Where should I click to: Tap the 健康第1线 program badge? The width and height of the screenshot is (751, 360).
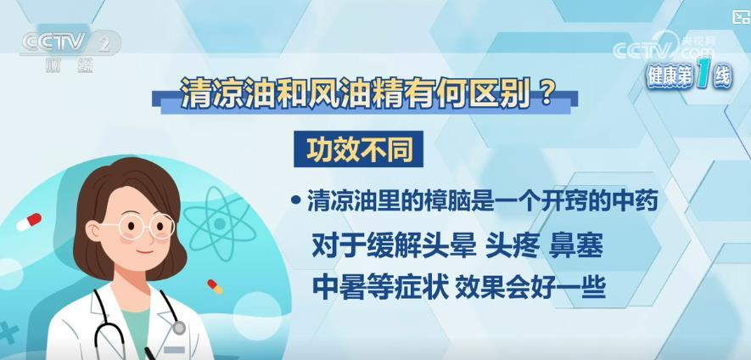(x=690, y=76)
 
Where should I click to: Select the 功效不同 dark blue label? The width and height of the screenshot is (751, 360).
(x=359, y=149)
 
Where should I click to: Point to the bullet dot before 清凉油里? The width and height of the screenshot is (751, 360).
(x=296, y=201)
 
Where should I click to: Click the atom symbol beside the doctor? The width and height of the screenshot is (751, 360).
(x=220, y=223)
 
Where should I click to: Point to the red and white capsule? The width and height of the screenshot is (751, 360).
(x=29, y=222)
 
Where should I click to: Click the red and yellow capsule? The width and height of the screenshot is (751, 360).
(x=215, y=287)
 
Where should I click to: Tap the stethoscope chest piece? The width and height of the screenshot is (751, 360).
(x=179, y=328)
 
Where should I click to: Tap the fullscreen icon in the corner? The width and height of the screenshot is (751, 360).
(x=742, y=17)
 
